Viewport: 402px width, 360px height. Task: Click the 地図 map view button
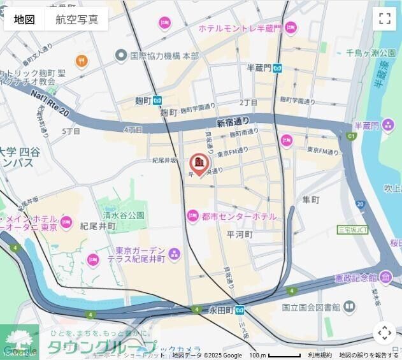pos(24,19)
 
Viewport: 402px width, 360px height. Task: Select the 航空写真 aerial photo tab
pos(76,19)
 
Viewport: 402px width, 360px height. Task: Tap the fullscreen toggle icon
pos(384,18)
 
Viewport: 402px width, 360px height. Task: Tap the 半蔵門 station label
pos(259,68)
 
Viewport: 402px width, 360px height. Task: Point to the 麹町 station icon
pos(157,100)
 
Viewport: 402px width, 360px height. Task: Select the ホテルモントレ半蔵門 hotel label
pos(240,28)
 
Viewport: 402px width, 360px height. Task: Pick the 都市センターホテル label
pos(239,217)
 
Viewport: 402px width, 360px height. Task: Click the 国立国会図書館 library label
pos(311,307)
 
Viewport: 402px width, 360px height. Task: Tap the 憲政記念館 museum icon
pos(386,278)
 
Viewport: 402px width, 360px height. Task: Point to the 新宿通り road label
pos(233,121)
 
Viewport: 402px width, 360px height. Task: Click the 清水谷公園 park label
pos(124,215)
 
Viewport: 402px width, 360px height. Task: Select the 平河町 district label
pos(240,234)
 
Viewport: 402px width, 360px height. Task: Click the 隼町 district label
pos(311,200)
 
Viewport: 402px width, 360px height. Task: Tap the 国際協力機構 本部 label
pos(164,55)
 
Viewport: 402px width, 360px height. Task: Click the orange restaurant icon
pos(82,61)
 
